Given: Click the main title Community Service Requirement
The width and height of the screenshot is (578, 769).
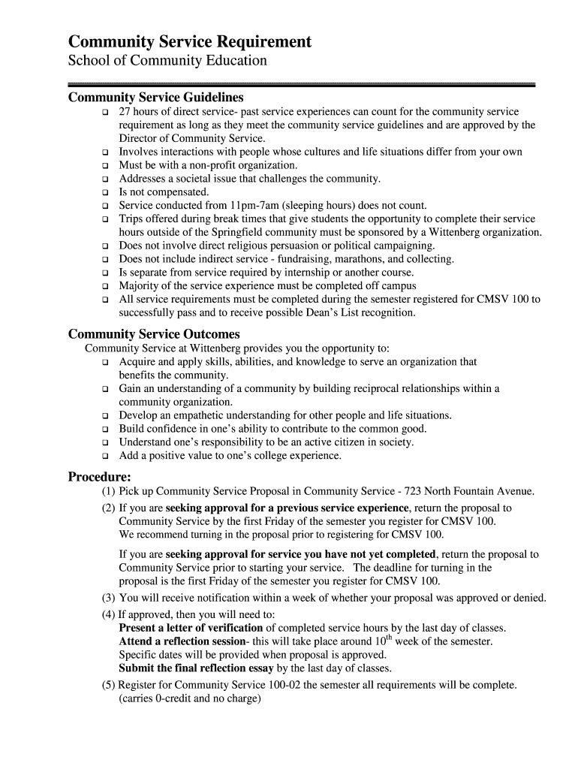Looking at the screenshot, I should pyautogui.click(x=189, y=41).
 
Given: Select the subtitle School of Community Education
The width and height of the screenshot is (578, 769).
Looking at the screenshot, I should pyautogui.click(x=167, y=61).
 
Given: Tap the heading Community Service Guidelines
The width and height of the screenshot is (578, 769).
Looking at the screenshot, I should pyautogui.click(x=156, y=98).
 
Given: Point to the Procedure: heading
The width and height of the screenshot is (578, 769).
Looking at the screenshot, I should pyautogui.click(x=100, y=476).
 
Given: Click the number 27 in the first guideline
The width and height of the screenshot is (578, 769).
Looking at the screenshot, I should pyautogui.click(x=125, y=112).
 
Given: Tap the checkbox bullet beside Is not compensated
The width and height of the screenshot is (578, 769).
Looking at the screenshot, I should pyautogui.click(x=105, y=192).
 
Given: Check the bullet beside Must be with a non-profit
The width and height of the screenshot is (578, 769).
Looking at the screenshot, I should pyautogui.click(x=105, y=165).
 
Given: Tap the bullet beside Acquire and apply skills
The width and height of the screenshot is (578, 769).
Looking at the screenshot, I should pyautogui.click(x=105, y=362).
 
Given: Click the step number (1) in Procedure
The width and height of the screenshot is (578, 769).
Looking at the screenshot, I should pyautogui.click(x=109, y=492).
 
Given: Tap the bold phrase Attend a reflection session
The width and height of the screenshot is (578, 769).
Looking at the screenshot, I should pyautogui.click(x=182, y=641).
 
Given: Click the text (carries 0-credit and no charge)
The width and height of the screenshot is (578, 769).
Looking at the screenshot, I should pyautogui.click(x=189, y=698).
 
